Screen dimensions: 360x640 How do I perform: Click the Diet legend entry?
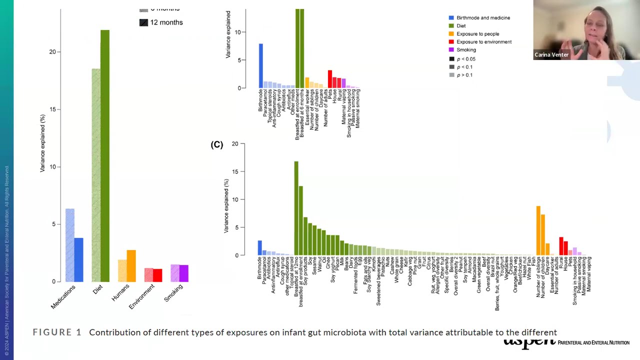[x=460, y=26]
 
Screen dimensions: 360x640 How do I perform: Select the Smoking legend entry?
[x=465, y=50]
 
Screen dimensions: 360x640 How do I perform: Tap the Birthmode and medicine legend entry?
[x=482, y=18]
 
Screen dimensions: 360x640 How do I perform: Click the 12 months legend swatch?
[x=143, y=22]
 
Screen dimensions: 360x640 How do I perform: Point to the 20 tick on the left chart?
[x=52, y=52]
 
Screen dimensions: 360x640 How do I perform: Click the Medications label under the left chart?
[x=63, y=296]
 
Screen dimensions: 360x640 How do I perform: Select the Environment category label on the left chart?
[x=142, y=296]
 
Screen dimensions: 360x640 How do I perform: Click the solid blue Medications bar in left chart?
[x=79, y=260]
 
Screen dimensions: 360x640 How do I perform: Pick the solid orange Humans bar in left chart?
[x=131, y=266]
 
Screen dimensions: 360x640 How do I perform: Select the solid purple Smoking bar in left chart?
[x=183, y=273]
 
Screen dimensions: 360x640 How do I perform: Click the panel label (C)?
[x=216, y=144]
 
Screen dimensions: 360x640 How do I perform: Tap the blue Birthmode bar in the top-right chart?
[x=260, y=66]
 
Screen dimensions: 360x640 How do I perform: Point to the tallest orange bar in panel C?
[x=538, y=230]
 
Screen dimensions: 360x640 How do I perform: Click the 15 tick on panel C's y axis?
[x=235, y=171]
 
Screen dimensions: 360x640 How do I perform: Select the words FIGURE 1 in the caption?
[x=57, y=332]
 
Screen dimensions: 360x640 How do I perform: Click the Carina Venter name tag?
[x=551, y=54]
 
